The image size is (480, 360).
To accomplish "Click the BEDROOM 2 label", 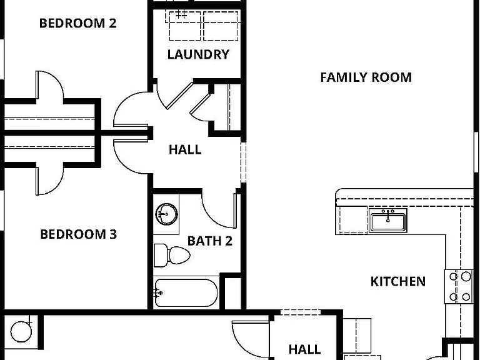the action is click(77, 23).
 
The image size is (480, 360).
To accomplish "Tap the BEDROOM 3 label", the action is click(78, 234).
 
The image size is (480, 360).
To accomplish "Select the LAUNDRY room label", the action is click(198, 54).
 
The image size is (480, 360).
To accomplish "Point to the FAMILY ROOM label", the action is click(366, 77).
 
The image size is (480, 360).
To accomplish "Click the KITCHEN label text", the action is click(398, 281).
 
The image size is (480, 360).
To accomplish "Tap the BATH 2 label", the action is click(210, 241).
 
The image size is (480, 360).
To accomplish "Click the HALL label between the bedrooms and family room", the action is click(185, 149).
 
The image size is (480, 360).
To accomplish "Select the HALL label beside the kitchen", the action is click(304, 349).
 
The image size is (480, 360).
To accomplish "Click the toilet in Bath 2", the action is click(171, 255).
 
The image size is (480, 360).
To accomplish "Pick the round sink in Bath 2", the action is click(166, 214).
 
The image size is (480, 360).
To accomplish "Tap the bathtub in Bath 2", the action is click(186, 293).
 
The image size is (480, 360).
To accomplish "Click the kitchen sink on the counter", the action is click(388, 220).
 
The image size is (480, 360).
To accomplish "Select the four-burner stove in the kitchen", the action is click(459, 286).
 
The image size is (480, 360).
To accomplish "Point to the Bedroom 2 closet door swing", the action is click(50, 85).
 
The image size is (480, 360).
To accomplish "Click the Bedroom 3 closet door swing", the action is click(50, 181).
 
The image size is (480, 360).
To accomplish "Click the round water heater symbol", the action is click(21, 331).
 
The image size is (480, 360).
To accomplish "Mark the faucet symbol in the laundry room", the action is click(181, 14).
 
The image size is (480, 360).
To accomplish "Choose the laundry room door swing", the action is click(175, 96).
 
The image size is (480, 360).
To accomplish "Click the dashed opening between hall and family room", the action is click(243, 162).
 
